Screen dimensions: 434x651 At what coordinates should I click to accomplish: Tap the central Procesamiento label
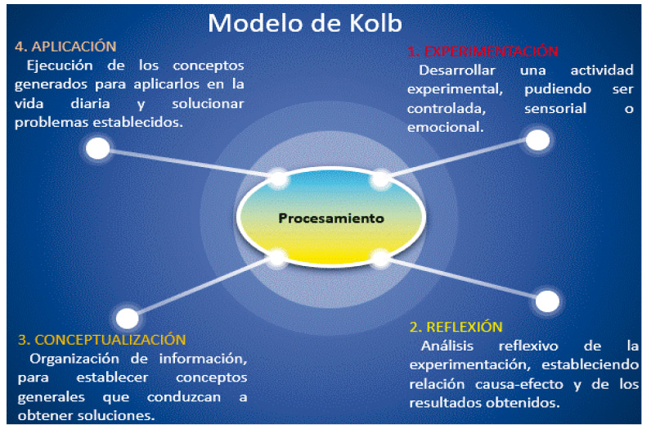330,219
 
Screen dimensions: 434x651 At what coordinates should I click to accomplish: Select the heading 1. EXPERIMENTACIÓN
483,51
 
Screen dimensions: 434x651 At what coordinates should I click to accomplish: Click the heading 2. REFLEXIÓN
456,327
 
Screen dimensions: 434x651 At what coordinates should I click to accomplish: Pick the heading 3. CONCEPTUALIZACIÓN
101,339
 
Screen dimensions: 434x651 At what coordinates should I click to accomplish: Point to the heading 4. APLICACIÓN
65,46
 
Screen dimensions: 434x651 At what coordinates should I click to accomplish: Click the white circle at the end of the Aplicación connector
98,148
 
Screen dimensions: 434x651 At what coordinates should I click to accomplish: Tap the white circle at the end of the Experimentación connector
537,140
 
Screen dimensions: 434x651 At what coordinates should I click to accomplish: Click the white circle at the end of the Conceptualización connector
128,319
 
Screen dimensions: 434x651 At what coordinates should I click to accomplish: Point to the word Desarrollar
455,70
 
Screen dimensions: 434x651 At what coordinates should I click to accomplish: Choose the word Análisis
445,346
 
